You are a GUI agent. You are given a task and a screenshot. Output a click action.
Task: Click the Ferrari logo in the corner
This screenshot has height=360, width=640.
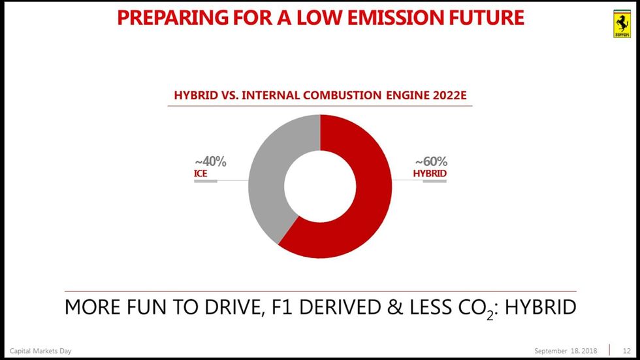point(622,24)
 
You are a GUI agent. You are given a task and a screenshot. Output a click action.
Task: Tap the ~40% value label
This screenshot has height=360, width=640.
point(210,161)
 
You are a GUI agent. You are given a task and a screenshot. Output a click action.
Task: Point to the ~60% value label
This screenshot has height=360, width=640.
point(432,161)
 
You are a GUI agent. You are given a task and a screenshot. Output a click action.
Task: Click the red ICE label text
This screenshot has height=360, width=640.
point(200,174)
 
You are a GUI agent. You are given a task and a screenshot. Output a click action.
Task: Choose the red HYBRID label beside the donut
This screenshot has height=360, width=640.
point(430,174)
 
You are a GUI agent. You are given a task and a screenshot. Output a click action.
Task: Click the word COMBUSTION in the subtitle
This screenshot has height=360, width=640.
point(342,95)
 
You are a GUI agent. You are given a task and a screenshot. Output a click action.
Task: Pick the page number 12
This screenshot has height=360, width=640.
point(626,351)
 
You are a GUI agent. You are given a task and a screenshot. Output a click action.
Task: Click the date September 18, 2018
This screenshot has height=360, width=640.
point(566,351)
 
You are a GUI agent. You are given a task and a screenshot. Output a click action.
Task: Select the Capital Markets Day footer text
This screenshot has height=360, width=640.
point(40,351)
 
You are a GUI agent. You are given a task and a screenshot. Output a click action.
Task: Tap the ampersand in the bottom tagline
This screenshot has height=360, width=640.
point(394,307)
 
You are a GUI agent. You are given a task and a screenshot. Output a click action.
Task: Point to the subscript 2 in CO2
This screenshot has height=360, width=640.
point(490,315)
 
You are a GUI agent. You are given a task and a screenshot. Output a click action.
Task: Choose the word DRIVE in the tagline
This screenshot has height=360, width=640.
point(232,307)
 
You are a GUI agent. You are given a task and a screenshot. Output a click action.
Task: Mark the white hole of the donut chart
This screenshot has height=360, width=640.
point(320,186)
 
